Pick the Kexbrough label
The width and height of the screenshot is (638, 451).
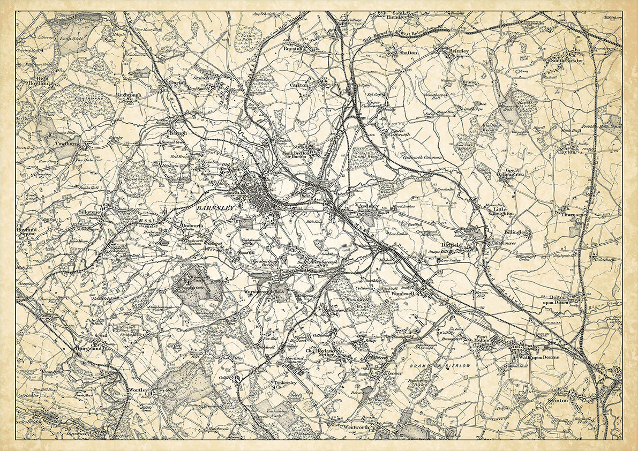point(127,94)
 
